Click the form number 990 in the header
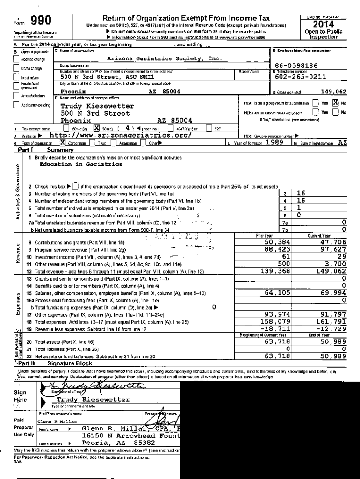(x=41, y=20)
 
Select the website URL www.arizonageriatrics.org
(x=121, y=135)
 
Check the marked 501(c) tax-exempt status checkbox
(x=97, y=128)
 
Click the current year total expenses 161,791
(x=332, y=322)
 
